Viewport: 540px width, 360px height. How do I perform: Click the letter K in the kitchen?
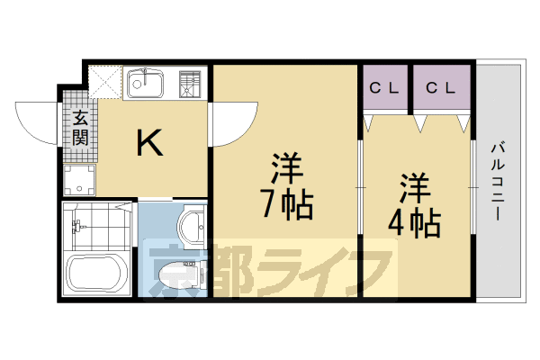click(149, 142)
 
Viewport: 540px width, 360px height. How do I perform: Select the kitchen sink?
click(144, 84)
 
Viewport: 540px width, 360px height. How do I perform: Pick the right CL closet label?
click(441, 88)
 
